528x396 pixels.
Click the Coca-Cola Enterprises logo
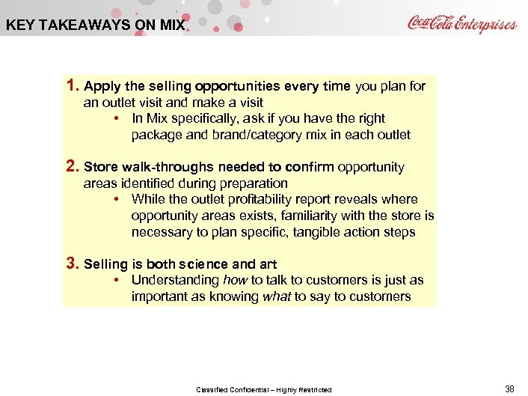coord(461,23)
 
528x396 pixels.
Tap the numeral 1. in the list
coord(73,85)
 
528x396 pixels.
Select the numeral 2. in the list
coord(73,166)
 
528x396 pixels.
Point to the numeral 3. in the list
coord(73,264)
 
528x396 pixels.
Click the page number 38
coord(509,389)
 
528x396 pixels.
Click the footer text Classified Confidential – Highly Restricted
coord(263,389)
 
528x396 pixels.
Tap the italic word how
coord(235,280)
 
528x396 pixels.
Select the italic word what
coord(276,296)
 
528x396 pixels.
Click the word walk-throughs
coord(153,167)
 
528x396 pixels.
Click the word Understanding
coord(176,280)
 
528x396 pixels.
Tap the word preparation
coord(252,183)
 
